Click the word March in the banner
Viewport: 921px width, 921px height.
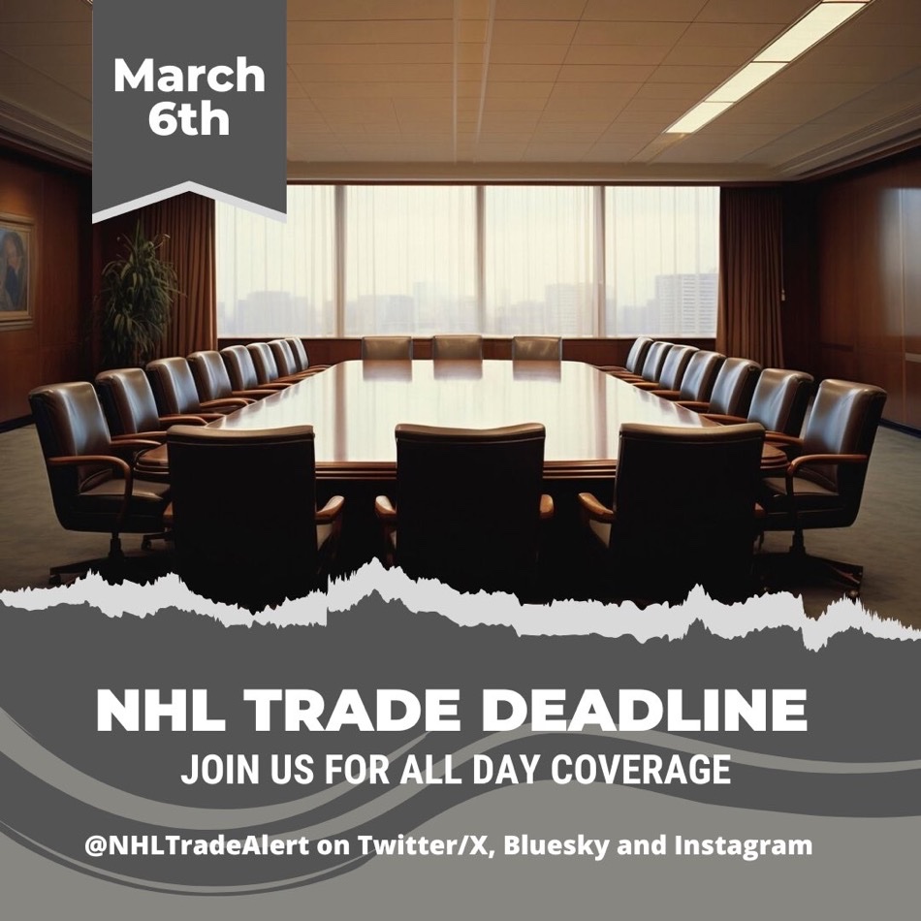click(x=189, y=76)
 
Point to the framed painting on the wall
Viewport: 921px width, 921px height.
click(x=14, y=272)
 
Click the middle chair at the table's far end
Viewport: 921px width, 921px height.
click(x=458, y=347)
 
